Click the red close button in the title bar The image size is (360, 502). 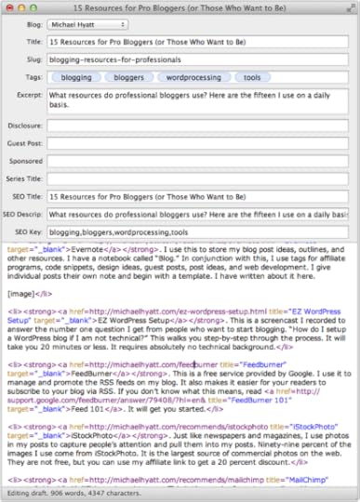coord(9,7)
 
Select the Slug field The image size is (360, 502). coord(198,61)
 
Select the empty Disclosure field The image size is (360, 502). coord(198,130)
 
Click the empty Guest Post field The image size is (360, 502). coord(198,148)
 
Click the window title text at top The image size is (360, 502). coord(180,7)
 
